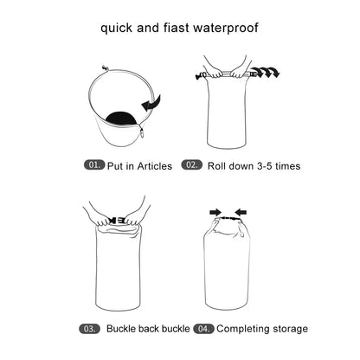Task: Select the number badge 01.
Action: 93,164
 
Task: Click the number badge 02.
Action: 192,164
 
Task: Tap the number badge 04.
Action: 203,329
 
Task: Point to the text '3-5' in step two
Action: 261,164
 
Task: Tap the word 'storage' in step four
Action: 289,329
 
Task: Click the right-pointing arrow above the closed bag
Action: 214,210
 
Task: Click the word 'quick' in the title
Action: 120,28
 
